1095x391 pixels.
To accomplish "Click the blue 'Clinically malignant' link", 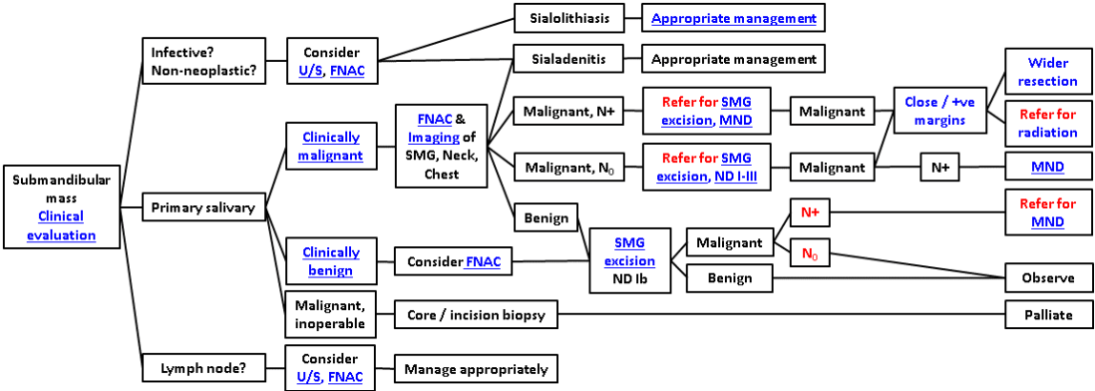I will (x=331, y=146).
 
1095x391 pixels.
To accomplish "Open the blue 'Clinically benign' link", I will (x=331, y=261).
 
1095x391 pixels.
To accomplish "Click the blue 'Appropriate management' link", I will (x=734, y=18).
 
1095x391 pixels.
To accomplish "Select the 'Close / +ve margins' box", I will (x=934, y=110).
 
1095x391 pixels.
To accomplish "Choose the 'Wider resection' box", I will (x=1047, y=72).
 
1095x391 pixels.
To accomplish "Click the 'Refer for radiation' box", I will (x=1047, y=124).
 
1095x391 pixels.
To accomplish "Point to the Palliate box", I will (x=1047, y=315).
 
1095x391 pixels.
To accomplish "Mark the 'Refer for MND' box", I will (x=1047, y=211).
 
